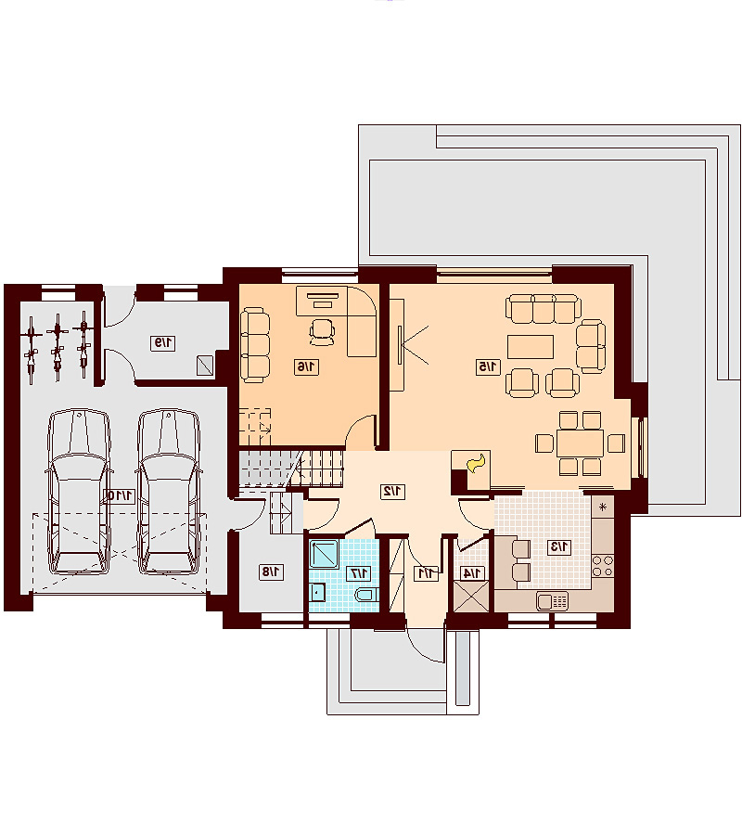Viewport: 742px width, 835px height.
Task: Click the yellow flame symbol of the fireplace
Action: tap(476, 463)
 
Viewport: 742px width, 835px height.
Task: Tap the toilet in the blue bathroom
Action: tap(366, 595)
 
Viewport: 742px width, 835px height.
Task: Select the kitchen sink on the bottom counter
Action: tap(552, 601)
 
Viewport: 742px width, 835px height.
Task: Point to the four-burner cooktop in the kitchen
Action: tap(603, 566)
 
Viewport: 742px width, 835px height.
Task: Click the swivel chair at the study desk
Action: tap(323, 330)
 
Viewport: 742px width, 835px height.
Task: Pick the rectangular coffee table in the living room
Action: tap(531, 347)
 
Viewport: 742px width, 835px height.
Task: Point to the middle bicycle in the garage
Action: tap(57, 346)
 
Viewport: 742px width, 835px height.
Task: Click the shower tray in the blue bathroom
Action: tap(324, 555)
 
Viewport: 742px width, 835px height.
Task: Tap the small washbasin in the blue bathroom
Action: tap(318, 592)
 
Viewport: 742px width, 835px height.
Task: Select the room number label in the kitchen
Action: tap(559, 546)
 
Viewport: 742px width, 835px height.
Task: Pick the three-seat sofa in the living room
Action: tap(543, 309)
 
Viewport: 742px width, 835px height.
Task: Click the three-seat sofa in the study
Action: tap(255, 344)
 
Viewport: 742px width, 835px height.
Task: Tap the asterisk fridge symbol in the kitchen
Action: tap(603, 507)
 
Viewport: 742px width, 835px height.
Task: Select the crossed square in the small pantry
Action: tap(470, 597)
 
